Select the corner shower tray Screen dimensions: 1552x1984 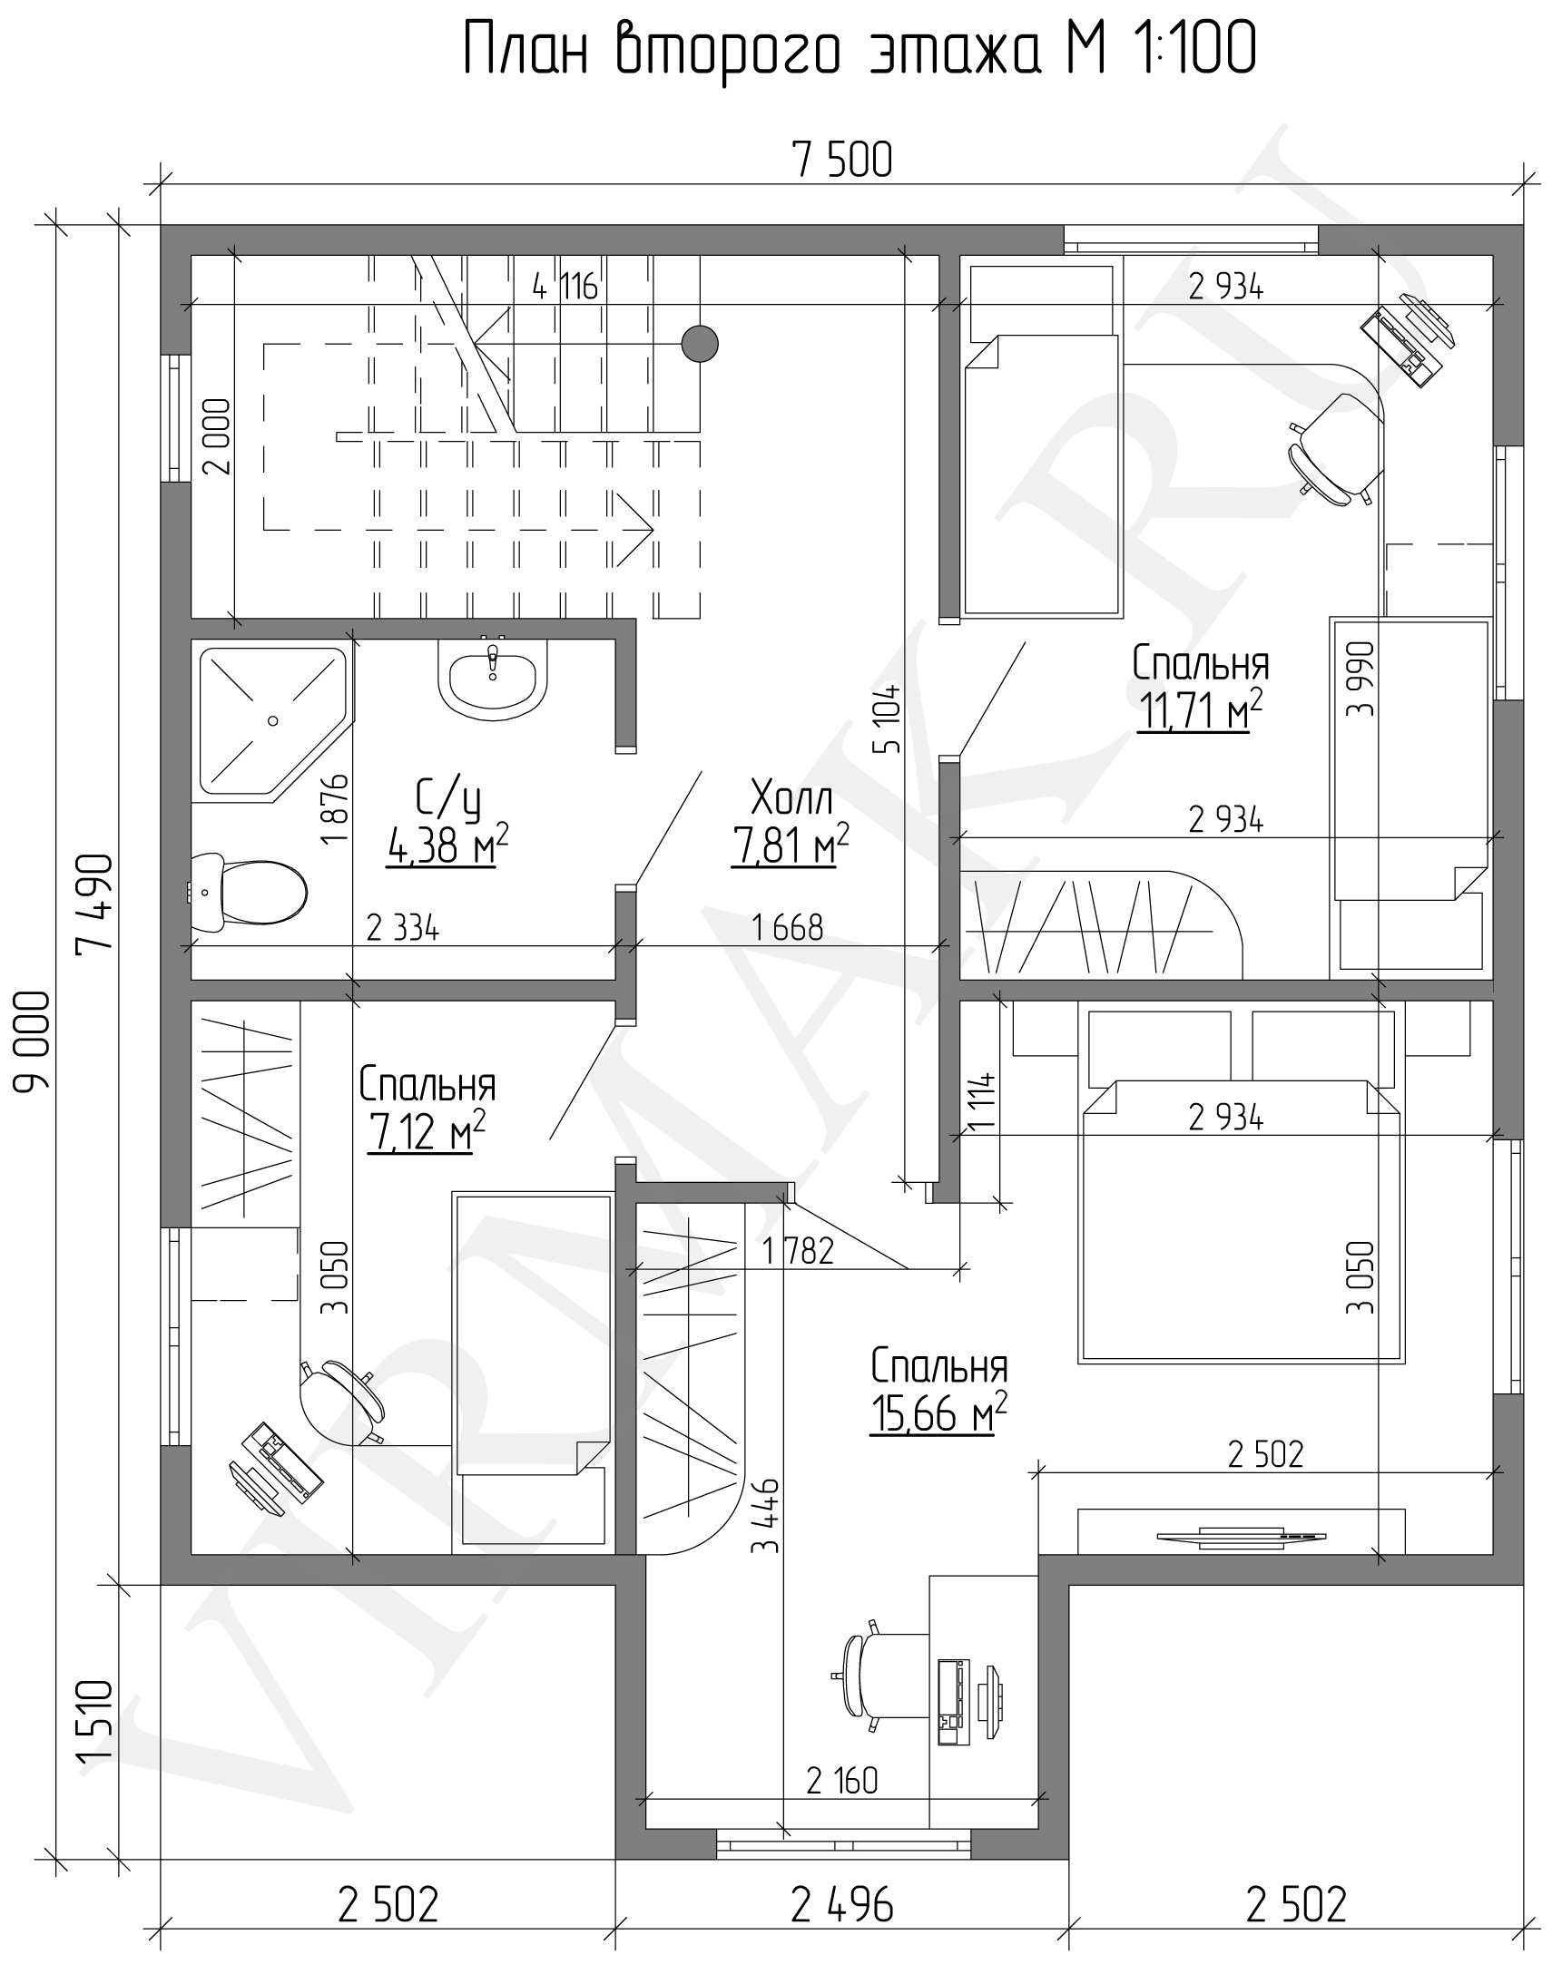pos(270,723)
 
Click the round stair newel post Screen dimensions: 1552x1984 pos(699,344)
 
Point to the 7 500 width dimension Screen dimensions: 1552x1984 pos(842,161)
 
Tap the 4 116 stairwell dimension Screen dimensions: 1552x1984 pos(565,288)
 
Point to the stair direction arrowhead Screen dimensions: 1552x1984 pos(639,528)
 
